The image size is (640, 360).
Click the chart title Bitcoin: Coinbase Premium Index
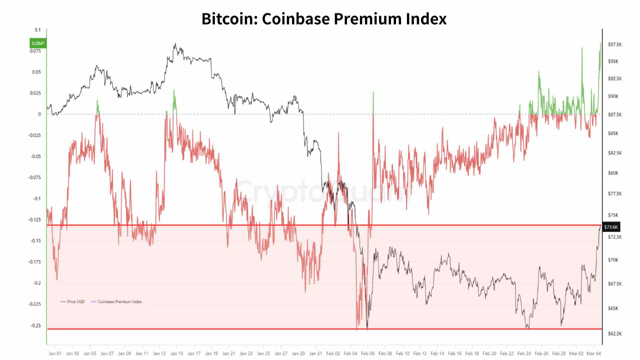[324, 18]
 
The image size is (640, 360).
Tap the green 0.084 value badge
[38, 43]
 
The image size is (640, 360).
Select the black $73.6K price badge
[611, 227]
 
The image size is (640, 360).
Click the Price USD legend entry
[72, 301]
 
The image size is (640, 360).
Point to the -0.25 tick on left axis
[35, 325]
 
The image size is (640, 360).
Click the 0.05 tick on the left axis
[37, 72]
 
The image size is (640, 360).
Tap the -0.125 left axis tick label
[34, 220]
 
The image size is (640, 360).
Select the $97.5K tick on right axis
[615, 44]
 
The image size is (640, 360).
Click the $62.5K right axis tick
[615, 333]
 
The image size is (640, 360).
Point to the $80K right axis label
[613, 173]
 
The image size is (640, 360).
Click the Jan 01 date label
[55, 353]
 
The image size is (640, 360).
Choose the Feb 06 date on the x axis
[367, 353]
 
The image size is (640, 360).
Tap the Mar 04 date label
[593, 353]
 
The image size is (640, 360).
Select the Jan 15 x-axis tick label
[176, 353]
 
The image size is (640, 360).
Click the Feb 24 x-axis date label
[524, 353]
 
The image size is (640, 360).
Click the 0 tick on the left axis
[39, 114]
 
